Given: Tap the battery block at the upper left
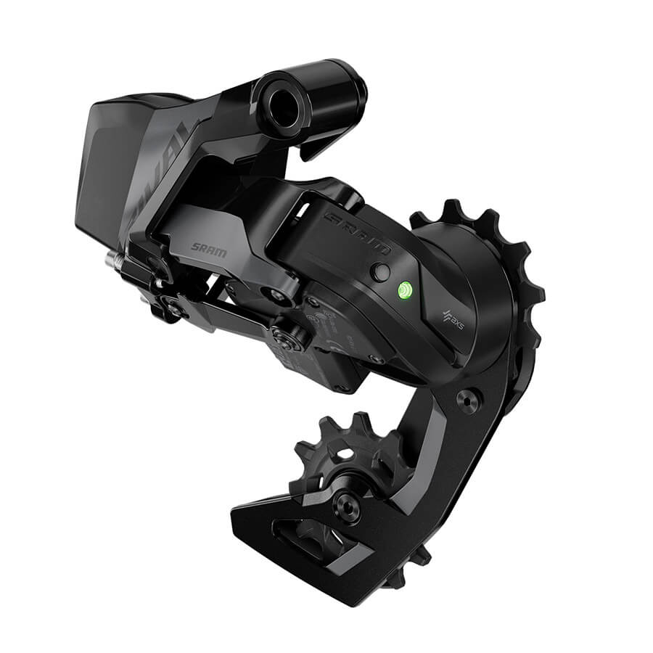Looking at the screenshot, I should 109,167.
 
